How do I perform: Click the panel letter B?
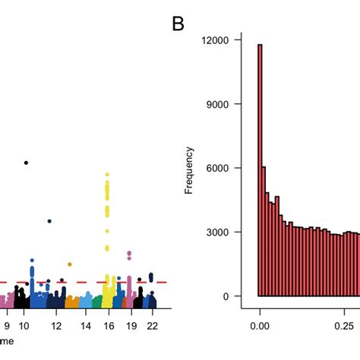pos(178,24)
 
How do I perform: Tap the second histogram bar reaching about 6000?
pos(264,232)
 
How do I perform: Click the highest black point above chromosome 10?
pos(26,163)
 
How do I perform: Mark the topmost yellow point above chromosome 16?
pos(107,174)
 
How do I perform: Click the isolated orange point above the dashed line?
pos(69,264)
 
